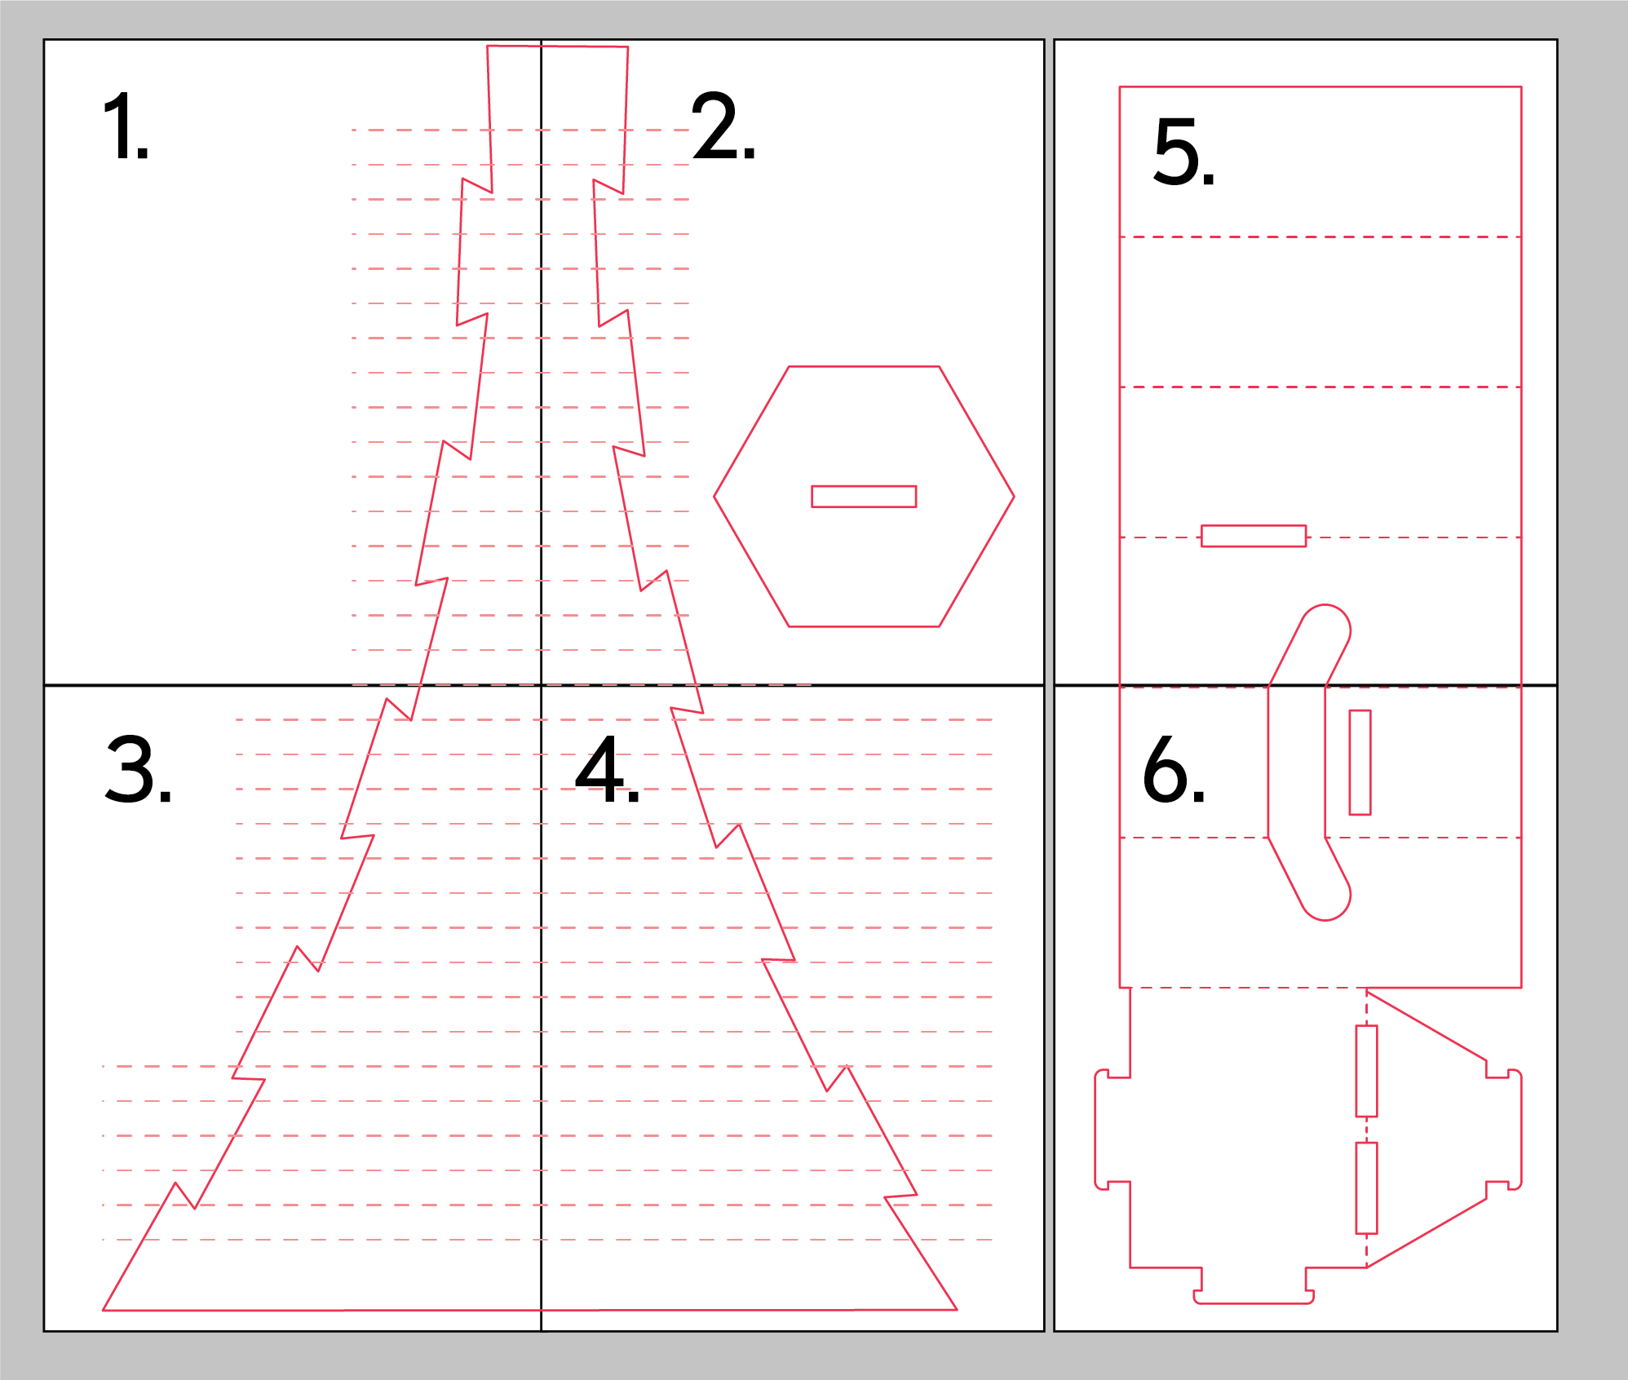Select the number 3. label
[x=139, y=769]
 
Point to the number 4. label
[x=608, y=769]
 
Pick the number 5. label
[x=1184, y=151]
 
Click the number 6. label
[x=1174, y=769]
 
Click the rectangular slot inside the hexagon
[x=864, y=497]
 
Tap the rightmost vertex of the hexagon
[x=1014, y=497]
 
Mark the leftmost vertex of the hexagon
[x=714, y=497]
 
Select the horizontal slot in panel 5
[x=1254, y=536]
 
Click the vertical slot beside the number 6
[x=1360, y=763]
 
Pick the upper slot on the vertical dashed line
[x=1366, y=1071]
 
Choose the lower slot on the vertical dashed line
[x=1366, y=1188]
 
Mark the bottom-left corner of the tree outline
[x=104, y=1310]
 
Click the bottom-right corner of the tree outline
[x=957, y=1309]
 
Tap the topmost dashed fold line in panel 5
[x=1321, y=237]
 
